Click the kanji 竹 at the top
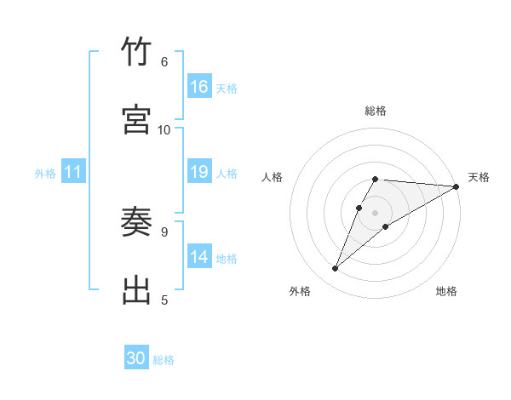click(136, 53)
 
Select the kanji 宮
click(136, 120)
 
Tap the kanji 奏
click(136, 223)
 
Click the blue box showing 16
click(199, 87)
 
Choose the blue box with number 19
click(199, 172)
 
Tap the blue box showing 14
click(199, 257)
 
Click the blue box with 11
click(73, 172)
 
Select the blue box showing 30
click(136, 358)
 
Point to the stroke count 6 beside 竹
click(164, 62)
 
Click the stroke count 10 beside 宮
click(164, 129)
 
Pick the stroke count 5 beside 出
click(164, 300)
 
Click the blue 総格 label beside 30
click(164, 360)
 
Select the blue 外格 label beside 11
click(45, 174)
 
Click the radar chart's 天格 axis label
click(479, 177)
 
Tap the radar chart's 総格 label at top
click(376, 111)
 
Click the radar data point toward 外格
click(336, 269)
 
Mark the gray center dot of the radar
click(376, 212)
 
